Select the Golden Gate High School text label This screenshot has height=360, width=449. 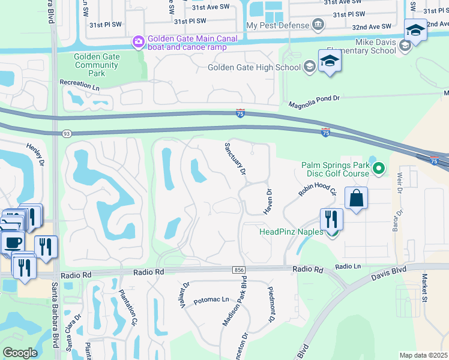254,67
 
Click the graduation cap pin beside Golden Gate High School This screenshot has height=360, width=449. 330,62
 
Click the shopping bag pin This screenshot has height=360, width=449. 356,199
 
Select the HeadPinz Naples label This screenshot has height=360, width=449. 291,232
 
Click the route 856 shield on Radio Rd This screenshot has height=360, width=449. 240,271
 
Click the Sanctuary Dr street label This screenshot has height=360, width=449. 235,158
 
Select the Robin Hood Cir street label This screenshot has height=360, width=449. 316,190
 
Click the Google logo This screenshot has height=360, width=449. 20,353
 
